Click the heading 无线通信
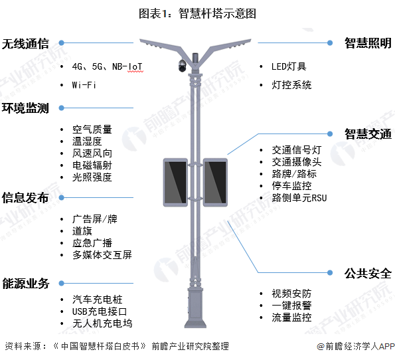(x=25, y=44)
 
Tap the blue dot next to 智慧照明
(x=330, y=43)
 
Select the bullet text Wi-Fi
(x=84, y=85)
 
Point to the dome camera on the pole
(x=183, y=66)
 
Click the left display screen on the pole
(x=175, y=182)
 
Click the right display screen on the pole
(x=215, y=182)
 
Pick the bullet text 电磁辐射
(x=92, y=165)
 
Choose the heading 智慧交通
(x=368, y=134)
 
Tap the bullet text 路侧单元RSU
(x=299, y=198)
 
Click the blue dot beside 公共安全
(x=330, y=272)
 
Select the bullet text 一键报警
(x=291, y=306)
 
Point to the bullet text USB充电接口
(x=100, y=312)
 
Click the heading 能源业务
(x=26, y=284)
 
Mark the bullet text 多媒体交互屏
(x=102, y=255)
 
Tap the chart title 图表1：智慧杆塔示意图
(x=198, y=13)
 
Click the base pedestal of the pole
(x=195, y=308)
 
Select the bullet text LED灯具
(x=289, y=66)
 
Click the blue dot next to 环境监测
(x=61, y=108)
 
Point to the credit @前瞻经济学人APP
(x=355, y=347)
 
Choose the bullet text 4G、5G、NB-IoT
(x=108, y=66)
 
